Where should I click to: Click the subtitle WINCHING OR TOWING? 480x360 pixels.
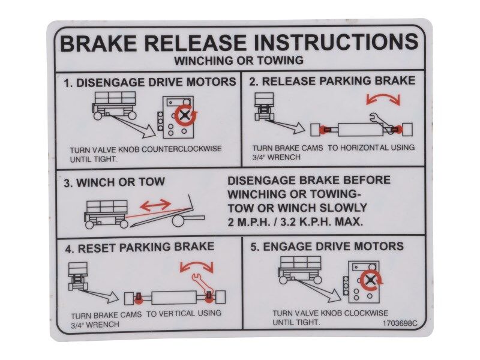coord(239,61)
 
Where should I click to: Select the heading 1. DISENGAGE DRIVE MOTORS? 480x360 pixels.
coord(149,82)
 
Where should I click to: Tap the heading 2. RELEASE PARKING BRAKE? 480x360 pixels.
coord(332,81)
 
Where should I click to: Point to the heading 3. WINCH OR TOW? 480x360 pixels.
coord(114,182)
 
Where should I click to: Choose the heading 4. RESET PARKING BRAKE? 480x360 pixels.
coord(140,247)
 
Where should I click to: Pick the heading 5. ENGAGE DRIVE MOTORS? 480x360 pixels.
coord(327,247)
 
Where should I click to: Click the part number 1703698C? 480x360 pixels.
coord(399,323)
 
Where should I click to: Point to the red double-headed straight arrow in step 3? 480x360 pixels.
coord(155,205)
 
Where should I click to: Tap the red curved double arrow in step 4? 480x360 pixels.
coord(196,265)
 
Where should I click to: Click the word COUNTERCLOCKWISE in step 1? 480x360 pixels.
coord(182,149)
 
